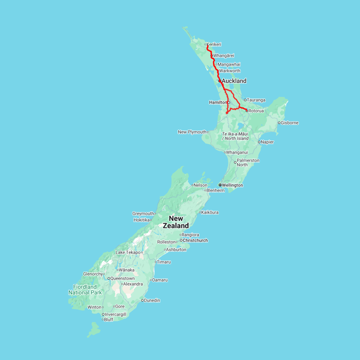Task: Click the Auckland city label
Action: pos(234,81)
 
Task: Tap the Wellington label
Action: pos(232,185)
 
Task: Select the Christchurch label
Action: pos(195,240)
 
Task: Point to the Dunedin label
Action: pos(152,300)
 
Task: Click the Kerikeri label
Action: pos(214,44)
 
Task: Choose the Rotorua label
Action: pos(256,111)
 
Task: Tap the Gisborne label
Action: pos(290,123)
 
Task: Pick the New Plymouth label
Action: pos(192,132)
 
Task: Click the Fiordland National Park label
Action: pos(85,290)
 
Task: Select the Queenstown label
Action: pos(122,278)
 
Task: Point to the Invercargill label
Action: pos(116,314)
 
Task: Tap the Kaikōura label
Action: pos(210,212)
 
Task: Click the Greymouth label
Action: pos(143,214)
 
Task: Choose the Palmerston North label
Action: pos(248,162)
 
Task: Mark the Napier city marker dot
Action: pos(259,142)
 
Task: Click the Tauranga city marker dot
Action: pos(245,100)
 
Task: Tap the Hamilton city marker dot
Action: pos(229,102)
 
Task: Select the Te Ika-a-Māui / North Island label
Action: pos(235,136)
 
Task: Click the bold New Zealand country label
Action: pos(176,222)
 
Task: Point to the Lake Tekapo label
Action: pos(128,252)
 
